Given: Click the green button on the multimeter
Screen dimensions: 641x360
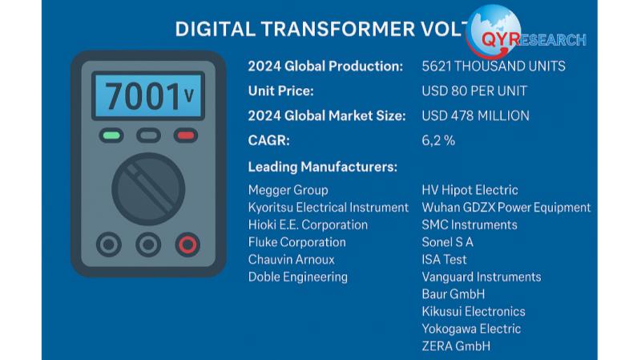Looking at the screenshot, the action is [x=111, y=136].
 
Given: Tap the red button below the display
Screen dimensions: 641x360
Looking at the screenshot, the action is [x=186, y=136].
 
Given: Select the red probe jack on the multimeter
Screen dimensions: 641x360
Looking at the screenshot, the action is [x=187, y=245].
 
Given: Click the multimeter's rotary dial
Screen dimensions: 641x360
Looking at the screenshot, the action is [x=148, y=189].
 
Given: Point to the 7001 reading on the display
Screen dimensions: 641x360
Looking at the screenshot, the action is [x=143, y=96].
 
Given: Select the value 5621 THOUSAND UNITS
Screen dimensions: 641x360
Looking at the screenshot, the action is [x=494, y=67].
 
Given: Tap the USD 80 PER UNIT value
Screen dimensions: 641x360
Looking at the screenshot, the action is [x=474, y=91].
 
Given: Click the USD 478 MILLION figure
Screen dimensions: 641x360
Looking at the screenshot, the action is [x=475, y=115].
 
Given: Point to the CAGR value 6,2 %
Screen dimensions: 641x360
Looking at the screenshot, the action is [x=438, y=141].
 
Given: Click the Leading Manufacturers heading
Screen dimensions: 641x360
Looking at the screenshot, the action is [x=323, y=167].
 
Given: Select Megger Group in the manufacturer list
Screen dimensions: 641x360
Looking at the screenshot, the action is [x=288, y=190].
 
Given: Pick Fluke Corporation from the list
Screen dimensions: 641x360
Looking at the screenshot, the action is [x=296, y=242].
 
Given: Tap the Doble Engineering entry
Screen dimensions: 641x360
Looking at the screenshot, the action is [x=297, y=277].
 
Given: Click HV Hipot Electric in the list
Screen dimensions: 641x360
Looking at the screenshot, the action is [x=470, y=190].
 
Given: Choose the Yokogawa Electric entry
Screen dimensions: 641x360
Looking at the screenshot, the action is [x=471, y=329].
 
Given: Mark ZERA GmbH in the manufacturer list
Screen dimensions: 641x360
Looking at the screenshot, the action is [x=456, y=346].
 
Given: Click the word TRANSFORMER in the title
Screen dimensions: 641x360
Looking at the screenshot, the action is [x=338, y=30].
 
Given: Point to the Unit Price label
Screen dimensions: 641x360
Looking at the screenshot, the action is [x=281, y=91].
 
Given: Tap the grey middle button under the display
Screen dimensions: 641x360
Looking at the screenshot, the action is [x=148, y=136].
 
